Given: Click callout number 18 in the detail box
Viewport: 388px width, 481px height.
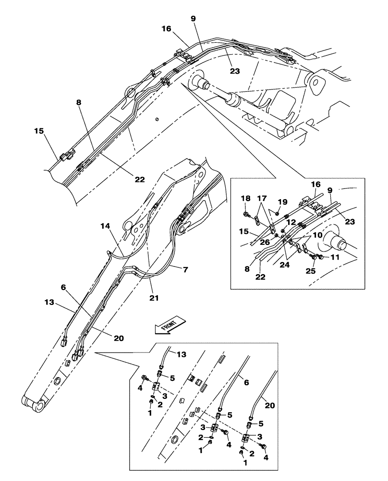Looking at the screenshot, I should [x=245, y=198].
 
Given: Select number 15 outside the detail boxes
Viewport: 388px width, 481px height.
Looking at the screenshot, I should [x=39, y=130].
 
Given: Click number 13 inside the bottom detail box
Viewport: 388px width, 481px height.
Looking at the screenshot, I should [x=180, y=354].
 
